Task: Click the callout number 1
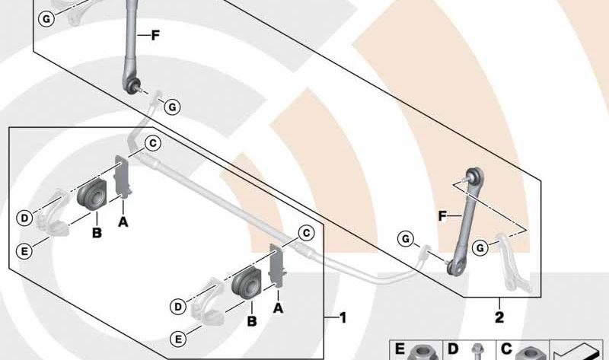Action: pyautogui.click(x=343, y=318)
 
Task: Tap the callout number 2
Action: pyautogui.click(x=499, y=317)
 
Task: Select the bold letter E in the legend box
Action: pyautogui.click(x=400, y=349)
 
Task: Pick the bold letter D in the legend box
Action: pyautogui.click(x=453, y=349)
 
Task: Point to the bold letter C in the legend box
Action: pyautogui.click(x=506, y=349)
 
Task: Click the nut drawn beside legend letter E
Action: pyautogui.click(x=422, y=352)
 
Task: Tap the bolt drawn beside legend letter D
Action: pyautogui.click(x=477, y=352)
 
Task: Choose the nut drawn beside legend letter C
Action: pyautogui.click(x=529, y=353)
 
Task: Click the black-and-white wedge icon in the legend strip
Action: pyautogui.click(x=577, y=352)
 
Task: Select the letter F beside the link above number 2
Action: pyautogui.click(x=442, y=216)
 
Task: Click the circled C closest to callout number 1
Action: pyautogui.click(x=307, y=233)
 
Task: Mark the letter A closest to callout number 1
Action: pyautogui.click(x=278, y=308)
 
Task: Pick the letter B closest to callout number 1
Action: pyautogui.click(x=252, y=321)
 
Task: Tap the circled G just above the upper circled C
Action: pyautogui.click(x=172, y=107)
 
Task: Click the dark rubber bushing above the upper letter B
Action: pyautogui.click(x=92, y=193)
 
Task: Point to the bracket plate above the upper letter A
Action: pyautogui.click(x=123, y=177)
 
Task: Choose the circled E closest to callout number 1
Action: pyautogui.click(x=178, y=339)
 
